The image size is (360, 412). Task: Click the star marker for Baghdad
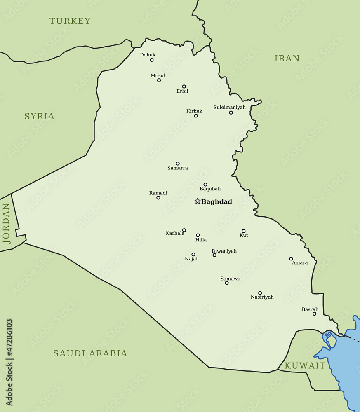tap(198, 201)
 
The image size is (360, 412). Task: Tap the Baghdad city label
tap(216, 202)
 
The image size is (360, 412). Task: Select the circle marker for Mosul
tap(159, 80)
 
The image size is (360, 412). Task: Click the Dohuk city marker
tap(151, 60)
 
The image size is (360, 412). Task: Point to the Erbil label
tap(182, 91)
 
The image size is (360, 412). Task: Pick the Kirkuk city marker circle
tap(196, 116)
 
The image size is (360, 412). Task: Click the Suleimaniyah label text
tap(229, 107)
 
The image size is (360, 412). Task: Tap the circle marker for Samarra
tap(178, 164)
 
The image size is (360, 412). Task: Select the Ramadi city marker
tap(158, 198)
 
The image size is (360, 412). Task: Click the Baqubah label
tap(210, 189)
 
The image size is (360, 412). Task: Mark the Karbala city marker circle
tap(184, 230)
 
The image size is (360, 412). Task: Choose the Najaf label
tap(191, 259)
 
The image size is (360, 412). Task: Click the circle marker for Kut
tap(243, 231)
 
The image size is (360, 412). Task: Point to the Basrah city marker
tap(314, 314)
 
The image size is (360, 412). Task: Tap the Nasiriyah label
tap(262, 297)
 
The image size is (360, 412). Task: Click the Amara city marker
tap(291, 259)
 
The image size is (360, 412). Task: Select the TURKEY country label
tap(70, 21)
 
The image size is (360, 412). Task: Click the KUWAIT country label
tap(305, 366)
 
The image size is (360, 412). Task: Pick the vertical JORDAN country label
tap(6, 224)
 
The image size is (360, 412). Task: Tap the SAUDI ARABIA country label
tap(90, 353)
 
